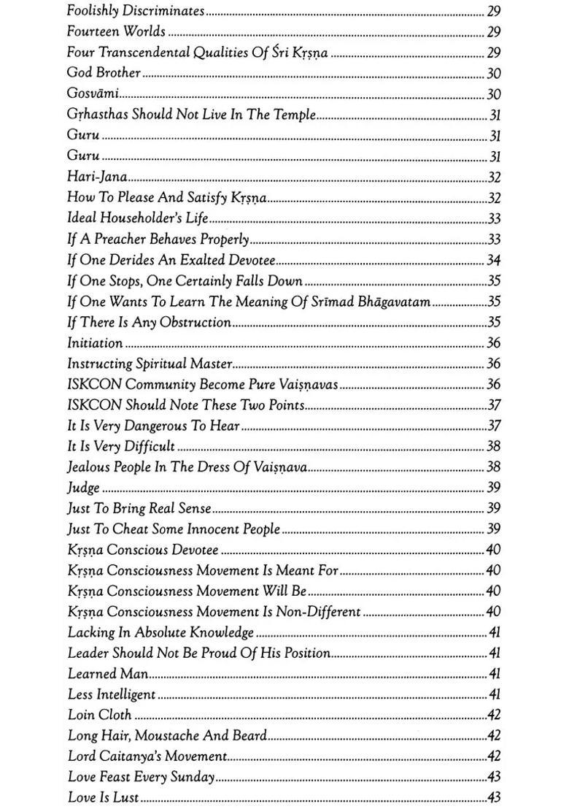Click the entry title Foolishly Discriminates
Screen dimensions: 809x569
coord(136,11)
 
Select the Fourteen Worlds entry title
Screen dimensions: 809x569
coord(116,31)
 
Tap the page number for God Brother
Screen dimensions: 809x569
coord(493,73)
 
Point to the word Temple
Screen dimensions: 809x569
coord(295,114)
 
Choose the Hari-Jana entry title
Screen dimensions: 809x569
coord(97,176)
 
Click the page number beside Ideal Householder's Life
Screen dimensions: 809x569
coord(493,218)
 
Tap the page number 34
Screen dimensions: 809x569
coord(493,260)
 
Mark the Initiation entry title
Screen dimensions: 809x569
coord(95,342)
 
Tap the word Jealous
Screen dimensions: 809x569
coord(89,467)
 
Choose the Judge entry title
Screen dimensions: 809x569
coord(83,487)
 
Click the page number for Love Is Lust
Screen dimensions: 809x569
coord(493,797)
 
